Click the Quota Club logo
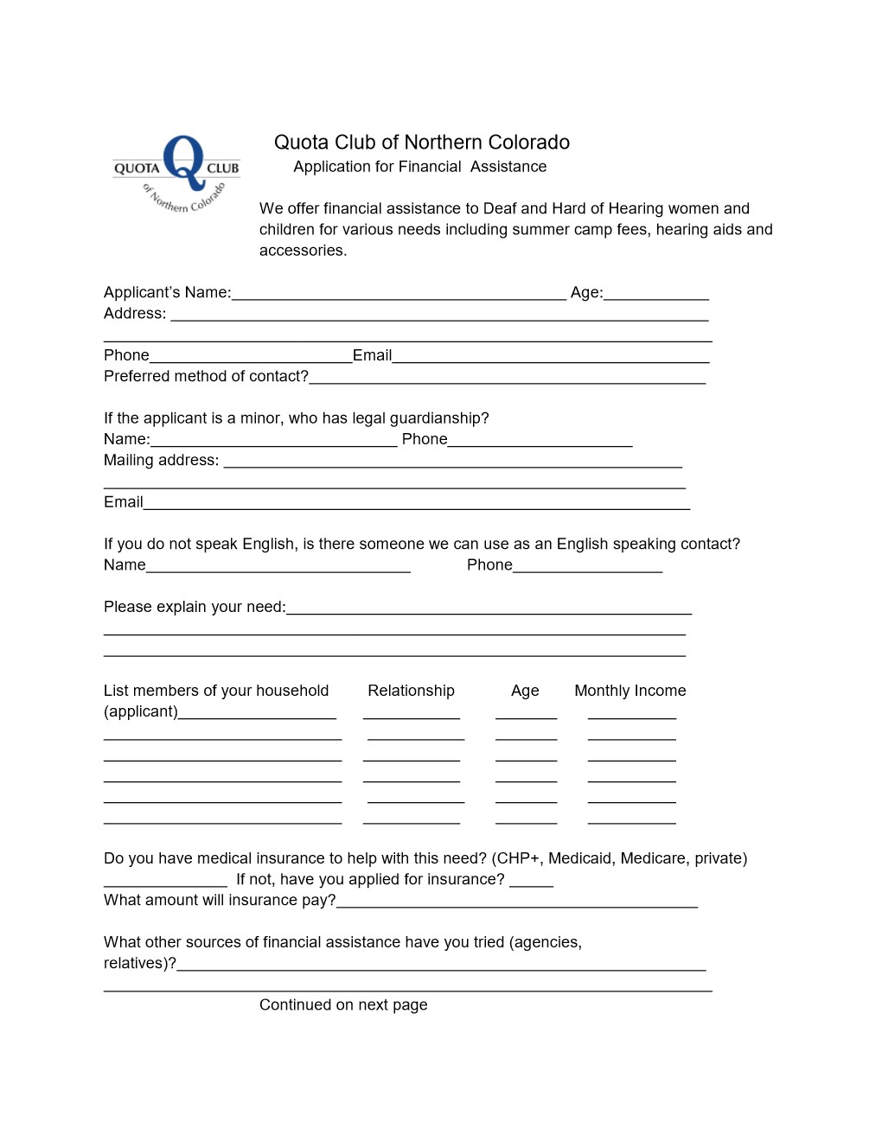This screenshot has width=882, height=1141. [177, 173]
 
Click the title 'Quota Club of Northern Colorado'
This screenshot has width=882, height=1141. [422, 143]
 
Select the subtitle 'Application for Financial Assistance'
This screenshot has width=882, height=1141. [419, 167]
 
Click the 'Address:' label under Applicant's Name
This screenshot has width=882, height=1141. [135, 314]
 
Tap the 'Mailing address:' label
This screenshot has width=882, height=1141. [161, 461]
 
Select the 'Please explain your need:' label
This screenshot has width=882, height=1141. [195, 607]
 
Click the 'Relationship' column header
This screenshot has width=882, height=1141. [411, 691]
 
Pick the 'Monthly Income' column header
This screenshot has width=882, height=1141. [630, 691]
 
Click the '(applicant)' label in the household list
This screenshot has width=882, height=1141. [141, 711]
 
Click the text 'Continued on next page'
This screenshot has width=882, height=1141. [343, 1004]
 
